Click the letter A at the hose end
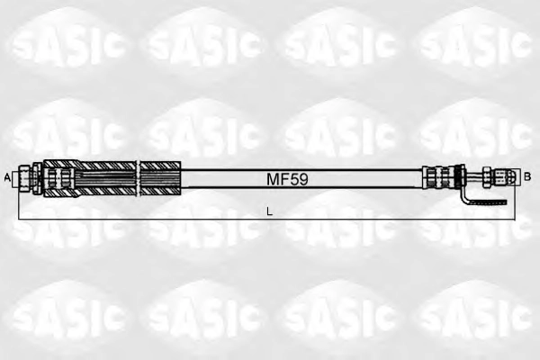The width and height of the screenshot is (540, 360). (6, 178)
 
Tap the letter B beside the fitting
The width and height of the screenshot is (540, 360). (526, 176)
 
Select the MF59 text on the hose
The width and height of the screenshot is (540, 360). (287, 179)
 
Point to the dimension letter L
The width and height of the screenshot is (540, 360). (270, 211)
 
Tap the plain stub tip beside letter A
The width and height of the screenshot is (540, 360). (15, 179)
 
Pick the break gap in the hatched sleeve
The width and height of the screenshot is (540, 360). (139, 178)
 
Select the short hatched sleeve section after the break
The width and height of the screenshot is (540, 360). (161, 178)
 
